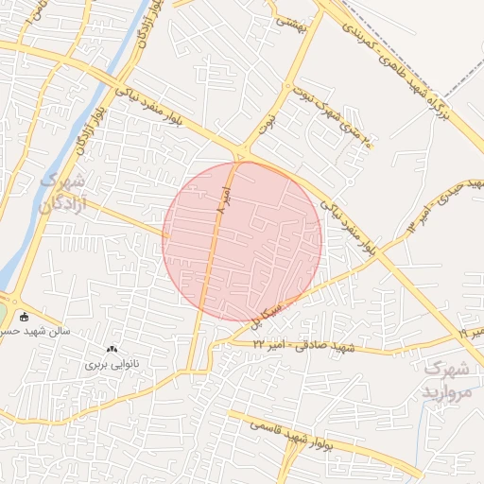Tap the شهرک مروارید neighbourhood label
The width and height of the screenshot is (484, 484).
447,379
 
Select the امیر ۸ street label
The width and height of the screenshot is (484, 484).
220,200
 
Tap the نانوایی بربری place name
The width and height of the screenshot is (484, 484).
112,363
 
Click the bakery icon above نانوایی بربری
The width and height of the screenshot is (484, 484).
112,349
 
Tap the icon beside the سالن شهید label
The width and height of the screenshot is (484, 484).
23,318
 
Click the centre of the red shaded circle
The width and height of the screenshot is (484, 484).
242,241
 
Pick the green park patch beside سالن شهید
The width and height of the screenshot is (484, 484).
3,312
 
